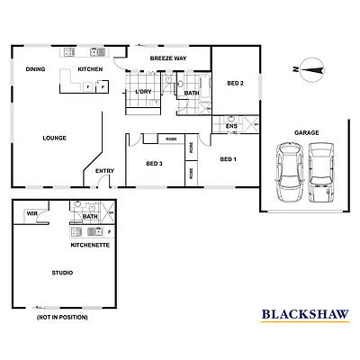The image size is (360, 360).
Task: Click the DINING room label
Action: (x=35, y=69)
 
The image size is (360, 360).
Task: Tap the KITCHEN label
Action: (x=90, y=69)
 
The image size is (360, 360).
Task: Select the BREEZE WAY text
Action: (x=168, y=58)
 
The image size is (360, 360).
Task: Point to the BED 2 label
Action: (x=236, y=84)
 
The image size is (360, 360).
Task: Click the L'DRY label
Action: (x=142, y=92)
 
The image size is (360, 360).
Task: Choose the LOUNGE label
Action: (x=54, y=138)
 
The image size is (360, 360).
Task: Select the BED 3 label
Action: (x=154, y=163)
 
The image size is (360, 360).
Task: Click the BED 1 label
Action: (x=229, y=158)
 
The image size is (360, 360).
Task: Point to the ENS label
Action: (x=231, y=126)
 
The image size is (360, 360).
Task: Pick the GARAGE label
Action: (x=306, y=132)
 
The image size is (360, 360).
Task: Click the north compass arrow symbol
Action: (x=311, y=67)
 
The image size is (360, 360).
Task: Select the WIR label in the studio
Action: (x=32, y=213)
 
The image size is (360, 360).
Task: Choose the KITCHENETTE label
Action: (x=90, y=244)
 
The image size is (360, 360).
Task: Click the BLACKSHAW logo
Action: (x=305, y=314)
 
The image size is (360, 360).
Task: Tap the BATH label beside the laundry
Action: (x=192, y=93)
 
